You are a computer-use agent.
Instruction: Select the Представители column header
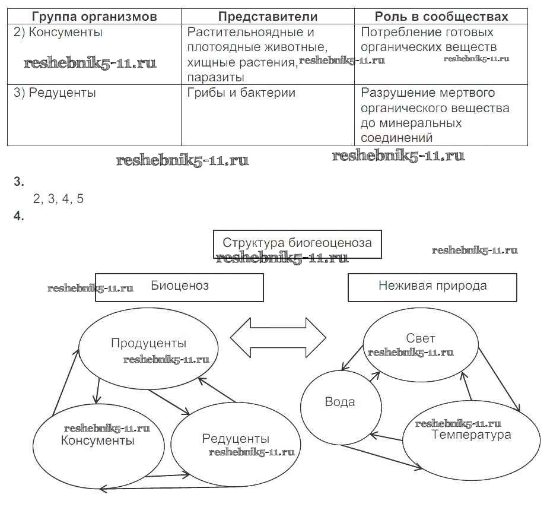pos(268,17)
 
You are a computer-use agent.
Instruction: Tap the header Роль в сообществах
pos(441,17)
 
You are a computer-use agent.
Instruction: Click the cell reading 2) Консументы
pos(58,33)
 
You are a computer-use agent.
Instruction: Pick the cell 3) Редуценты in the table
pos(55,93)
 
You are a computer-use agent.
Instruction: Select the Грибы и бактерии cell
pos(241,93)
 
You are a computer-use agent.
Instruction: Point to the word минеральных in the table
pos(411,123)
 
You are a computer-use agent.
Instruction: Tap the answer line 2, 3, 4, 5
pos(59,199)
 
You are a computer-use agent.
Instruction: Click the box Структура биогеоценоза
pos(297,243)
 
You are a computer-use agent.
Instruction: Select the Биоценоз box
pos(179,286)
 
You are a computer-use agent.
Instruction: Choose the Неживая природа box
pos(432,286)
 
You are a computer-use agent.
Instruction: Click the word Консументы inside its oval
pos(98,440)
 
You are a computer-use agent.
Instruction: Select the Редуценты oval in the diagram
pos(236,439)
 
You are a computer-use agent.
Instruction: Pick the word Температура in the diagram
pos(472,435)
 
